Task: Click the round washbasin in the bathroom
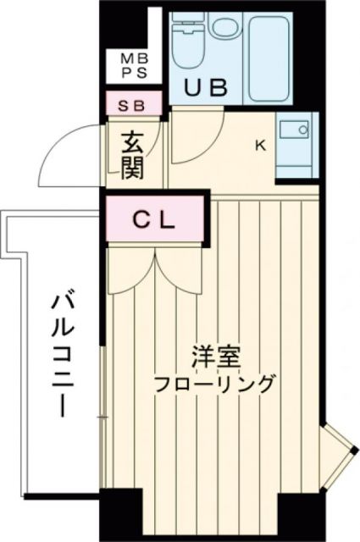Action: pyautogui.click(x=224, y=27)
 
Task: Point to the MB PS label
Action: pyautogui.click(x=132, y=66)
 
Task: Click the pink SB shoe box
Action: pyautogui.click(x=135, y=105)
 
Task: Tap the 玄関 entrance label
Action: pyautogui.click(x=132, y=155)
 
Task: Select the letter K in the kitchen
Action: pyautogui.click(x=261, y=145)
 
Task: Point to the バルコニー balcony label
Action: pyautogui.click(x=58, y=351)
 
